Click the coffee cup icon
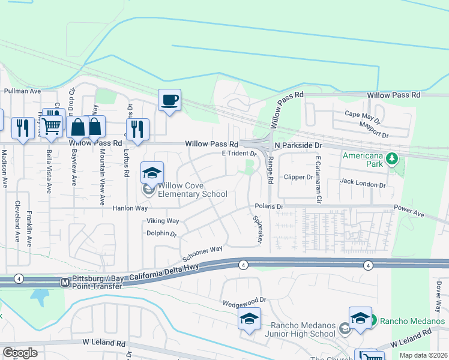click(170, 100)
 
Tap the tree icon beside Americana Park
click(393, 159)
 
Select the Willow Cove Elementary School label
click(192, 190)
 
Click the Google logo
click(20, 353)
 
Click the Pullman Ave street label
click(22, 91)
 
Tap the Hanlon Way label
click(130, 208)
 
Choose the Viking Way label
click(163, 221)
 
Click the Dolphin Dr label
click(162, 233)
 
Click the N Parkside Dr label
click(298, 145)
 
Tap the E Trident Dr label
click(240, 154)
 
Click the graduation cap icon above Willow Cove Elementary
click(152, 173)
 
